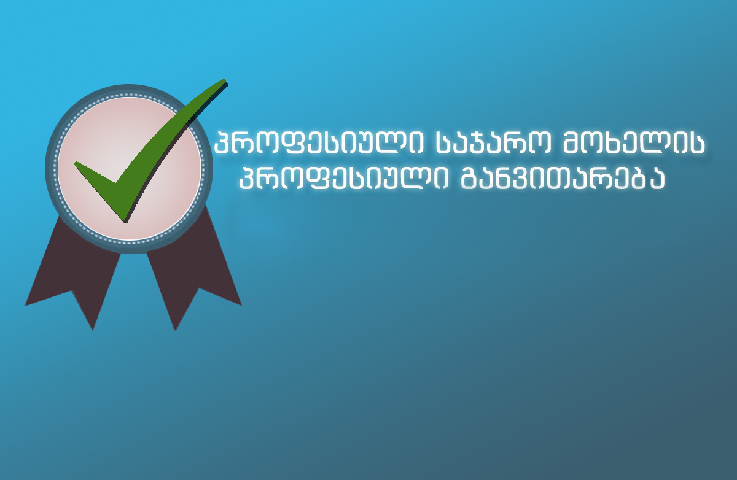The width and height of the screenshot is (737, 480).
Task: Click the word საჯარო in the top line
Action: [x=493, y=144]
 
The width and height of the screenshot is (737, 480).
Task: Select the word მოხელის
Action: [x=634, y=144]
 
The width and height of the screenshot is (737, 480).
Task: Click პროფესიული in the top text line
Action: [x=319, y=144]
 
